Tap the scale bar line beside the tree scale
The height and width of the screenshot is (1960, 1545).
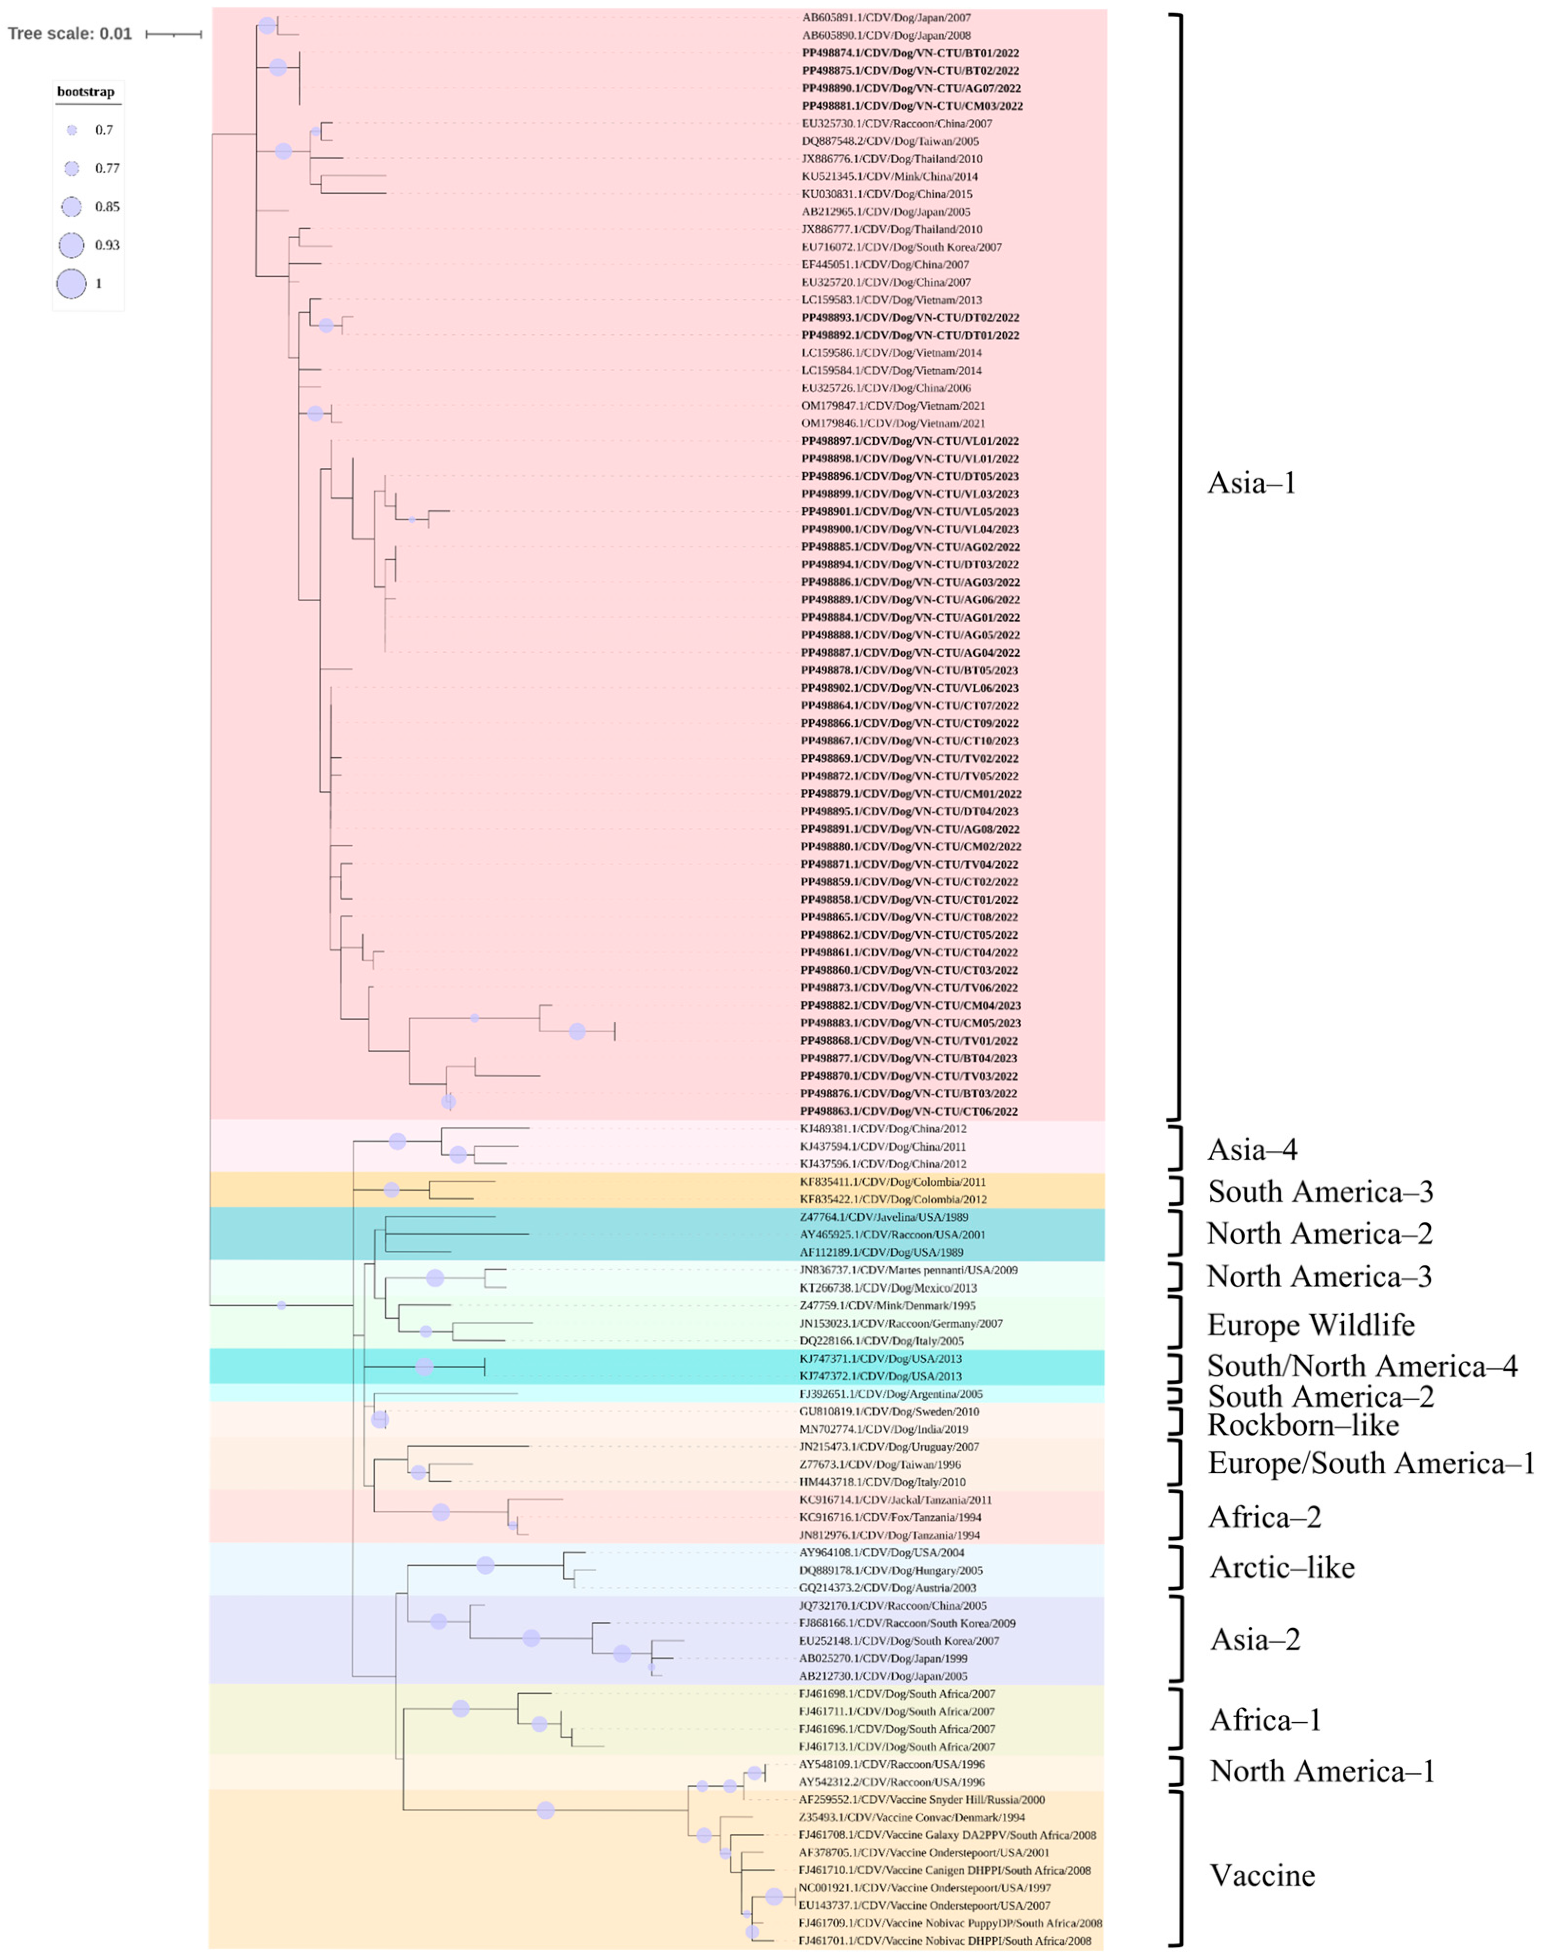tap(173, 35)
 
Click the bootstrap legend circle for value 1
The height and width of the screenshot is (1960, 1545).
tap(72, 283)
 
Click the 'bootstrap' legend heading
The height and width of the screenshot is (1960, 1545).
tap(86, 92)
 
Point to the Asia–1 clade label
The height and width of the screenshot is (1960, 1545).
tap(1252, 483)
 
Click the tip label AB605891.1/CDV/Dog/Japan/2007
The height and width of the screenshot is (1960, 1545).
tap(886, 17)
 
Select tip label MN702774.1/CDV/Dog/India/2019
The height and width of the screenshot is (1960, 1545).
tap(883, 1429)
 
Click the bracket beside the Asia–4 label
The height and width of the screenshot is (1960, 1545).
tap(1176, 1149)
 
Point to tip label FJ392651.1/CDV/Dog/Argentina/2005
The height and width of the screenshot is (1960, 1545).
tap(890, 1394)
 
